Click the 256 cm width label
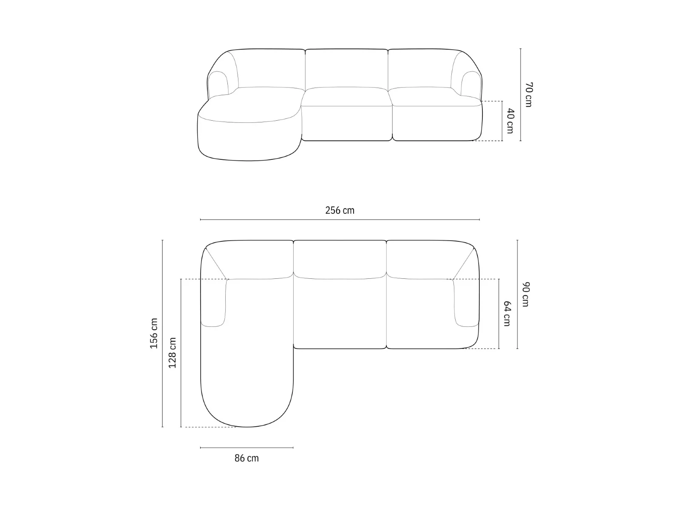(x=340, y=210)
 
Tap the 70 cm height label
(x=529, y=95)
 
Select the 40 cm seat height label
(x=510, y=121)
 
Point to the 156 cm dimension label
(x=154, y=333)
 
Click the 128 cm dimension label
(x=172, y=353)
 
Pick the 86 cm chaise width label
(x=246, y=458)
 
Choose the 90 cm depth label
(x=526, y=295)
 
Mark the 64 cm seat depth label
(x=507, y=314)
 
